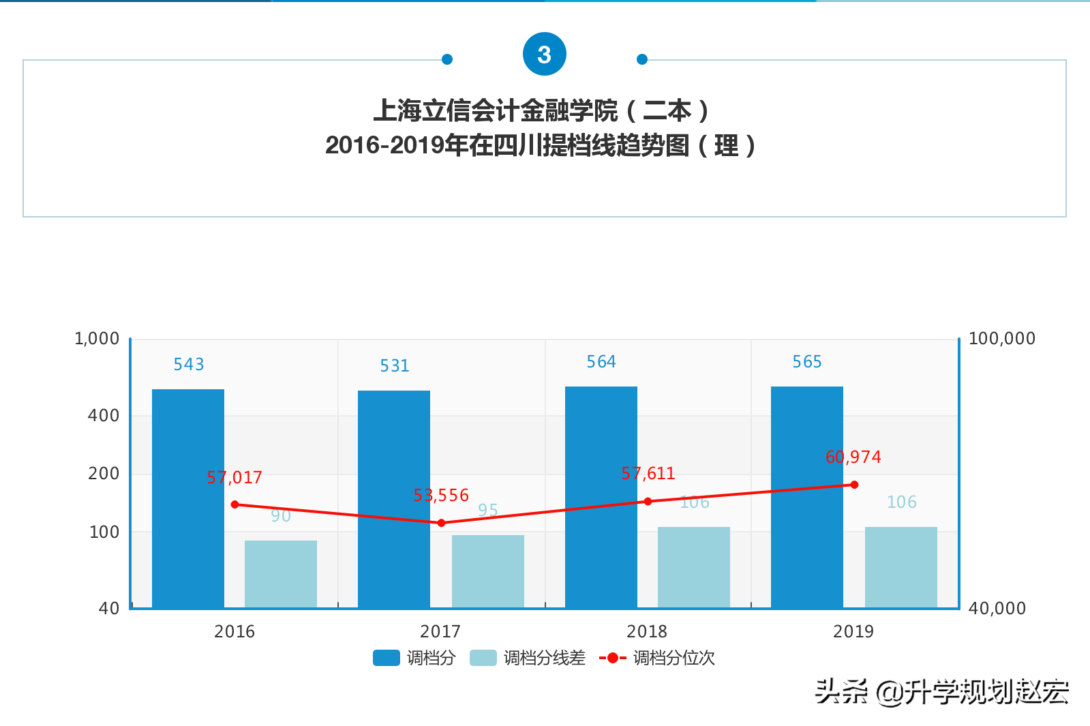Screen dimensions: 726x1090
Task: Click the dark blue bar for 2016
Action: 188,498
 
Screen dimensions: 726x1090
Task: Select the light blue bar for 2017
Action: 487,571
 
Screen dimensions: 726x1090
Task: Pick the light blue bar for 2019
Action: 900,567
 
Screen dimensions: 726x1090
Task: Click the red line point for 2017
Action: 441,523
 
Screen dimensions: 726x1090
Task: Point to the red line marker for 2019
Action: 854,485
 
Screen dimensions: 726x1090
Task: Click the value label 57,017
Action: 234,478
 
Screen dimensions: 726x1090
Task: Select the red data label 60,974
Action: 853,457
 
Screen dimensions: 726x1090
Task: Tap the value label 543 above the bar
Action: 189,365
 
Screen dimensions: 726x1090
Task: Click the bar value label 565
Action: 807,362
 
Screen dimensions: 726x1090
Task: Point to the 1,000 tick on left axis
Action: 97,339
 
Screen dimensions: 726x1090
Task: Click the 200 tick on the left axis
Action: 104,474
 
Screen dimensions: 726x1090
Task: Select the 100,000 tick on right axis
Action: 1001,339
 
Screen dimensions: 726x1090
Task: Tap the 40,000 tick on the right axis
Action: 997,608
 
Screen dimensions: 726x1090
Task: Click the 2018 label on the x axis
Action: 647,631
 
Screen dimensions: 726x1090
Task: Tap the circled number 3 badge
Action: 544,55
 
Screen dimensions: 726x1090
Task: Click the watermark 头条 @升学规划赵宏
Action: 941,692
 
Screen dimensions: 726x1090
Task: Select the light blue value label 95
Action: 488,510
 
